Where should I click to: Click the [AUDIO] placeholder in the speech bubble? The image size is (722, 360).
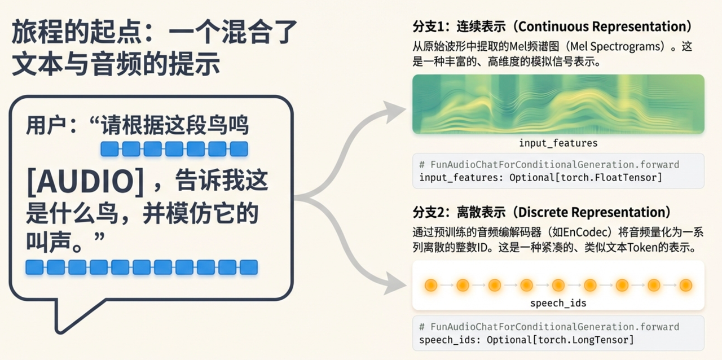click(x=85, y=181)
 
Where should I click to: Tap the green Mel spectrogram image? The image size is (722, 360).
click(x=558, y=104)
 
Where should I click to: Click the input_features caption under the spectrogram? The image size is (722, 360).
click(x=558, y=143)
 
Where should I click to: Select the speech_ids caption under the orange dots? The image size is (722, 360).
click(x=558, y=303)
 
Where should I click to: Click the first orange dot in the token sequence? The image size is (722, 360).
click(x=431, y=285)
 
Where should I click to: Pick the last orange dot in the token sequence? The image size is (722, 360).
click(x=685, y=285)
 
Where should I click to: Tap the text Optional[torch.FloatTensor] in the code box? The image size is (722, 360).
click(x=585, y=178)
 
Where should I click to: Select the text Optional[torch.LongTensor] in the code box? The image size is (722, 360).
click(x=560, y=340)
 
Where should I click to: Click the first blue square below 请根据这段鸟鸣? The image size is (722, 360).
click(x=109, y=149)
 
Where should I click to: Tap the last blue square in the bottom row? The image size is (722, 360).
click(x=249, y=267)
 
